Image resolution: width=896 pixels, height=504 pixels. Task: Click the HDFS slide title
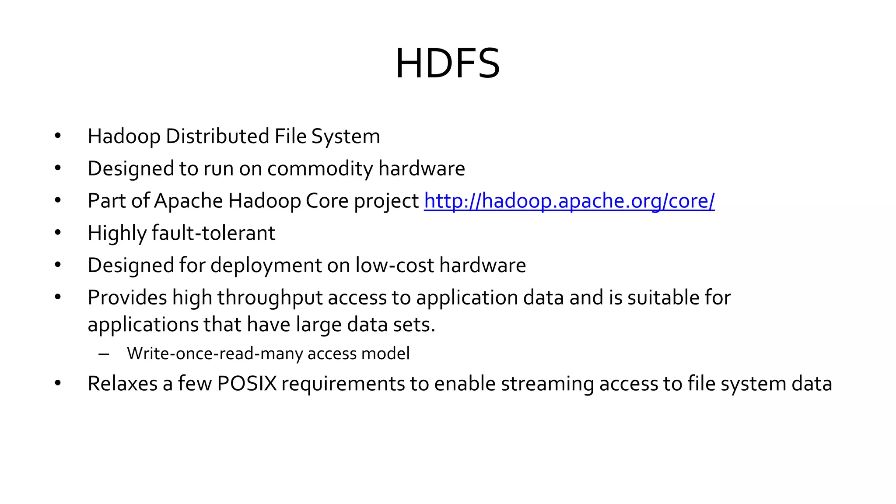click(x=448, y=64)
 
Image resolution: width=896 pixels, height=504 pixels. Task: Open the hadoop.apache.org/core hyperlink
click(x=569, y=201)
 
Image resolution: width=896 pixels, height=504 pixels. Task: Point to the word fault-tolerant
click(x=213, y=233)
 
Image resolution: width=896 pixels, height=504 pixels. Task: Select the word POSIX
click(x=247, y=384)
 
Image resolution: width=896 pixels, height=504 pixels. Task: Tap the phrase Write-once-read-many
click(x=215, y=353)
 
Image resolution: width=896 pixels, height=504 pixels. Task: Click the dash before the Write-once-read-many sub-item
click(x=104, y=354)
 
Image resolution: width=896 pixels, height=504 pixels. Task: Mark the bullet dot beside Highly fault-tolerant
click(x=58, y=233)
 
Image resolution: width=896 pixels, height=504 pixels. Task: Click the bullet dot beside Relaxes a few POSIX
click(x=58, y=383)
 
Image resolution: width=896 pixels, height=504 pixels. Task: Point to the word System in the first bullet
click(x=346, y=136)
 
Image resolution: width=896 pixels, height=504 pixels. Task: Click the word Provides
click(x=127, y=298)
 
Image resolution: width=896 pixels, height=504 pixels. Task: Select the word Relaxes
click(x=122, y=384)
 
